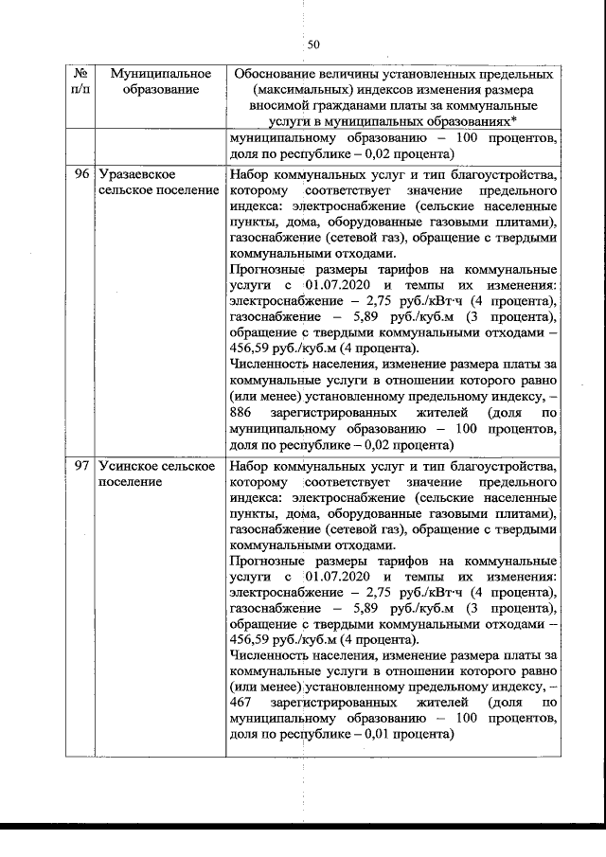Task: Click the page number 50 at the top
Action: [315, 44]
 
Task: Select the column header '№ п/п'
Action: [80, 81]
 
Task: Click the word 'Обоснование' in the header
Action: [275, 74]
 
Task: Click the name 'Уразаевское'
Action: [140, 175]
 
